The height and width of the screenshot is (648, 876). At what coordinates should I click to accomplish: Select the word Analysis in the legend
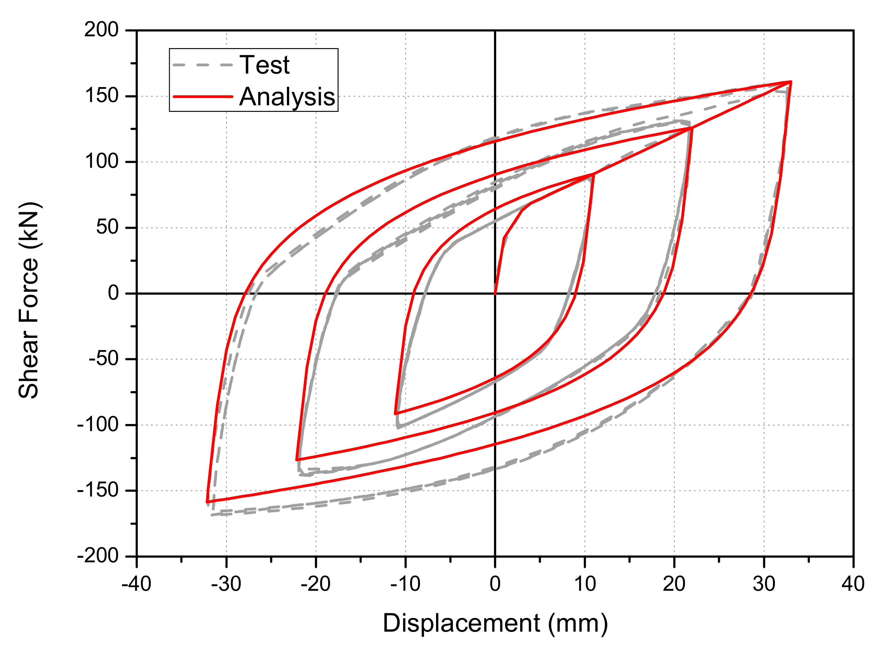point(287,97)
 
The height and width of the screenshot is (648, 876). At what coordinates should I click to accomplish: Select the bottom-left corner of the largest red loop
point(207,502)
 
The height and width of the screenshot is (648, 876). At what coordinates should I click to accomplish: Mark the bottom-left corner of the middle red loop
point(297,459)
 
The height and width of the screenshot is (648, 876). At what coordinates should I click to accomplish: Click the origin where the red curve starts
point(495,293)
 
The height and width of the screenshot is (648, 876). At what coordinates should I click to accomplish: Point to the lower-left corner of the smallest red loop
point(395,413)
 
